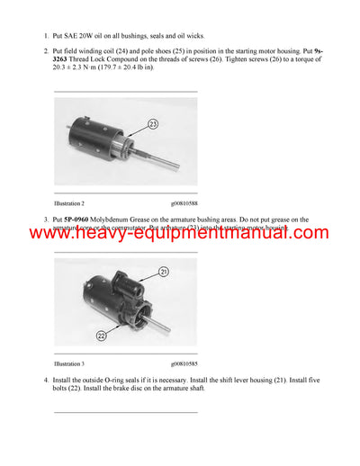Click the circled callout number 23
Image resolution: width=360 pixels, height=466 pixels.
(152, 124)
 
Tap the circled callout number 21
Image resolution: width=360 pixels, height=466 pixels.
(163, 271)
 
